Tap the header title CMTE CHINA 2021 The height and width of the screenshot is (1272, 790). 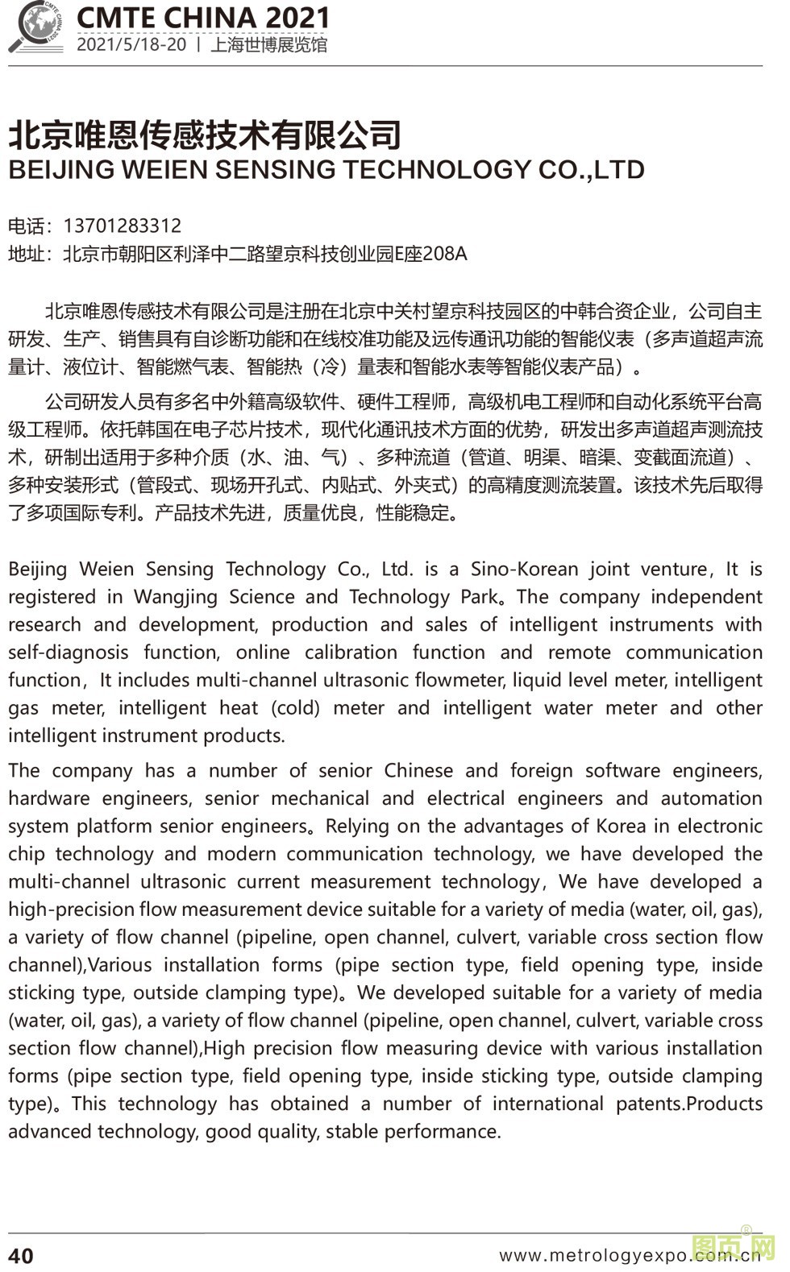[x=202, y=18]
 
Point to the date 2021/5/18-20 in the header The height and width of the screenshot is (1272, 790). [x=131, y=44]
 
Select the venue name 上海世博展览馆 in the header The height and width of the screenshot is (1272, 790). [x=268, y=45]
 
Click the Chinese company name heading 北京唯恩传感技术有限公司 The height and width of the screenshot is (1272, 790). [x=205, y=135]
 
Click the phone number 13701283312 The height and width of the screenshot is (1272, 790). [x=122, y=226]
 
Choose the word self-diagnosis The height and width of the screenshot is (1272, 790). [x=68, y=653]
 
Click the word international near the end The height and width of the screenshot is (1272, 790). [x=547, y=1104]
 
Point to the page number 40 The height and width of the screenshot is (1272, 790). [x=22, y=1256]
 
